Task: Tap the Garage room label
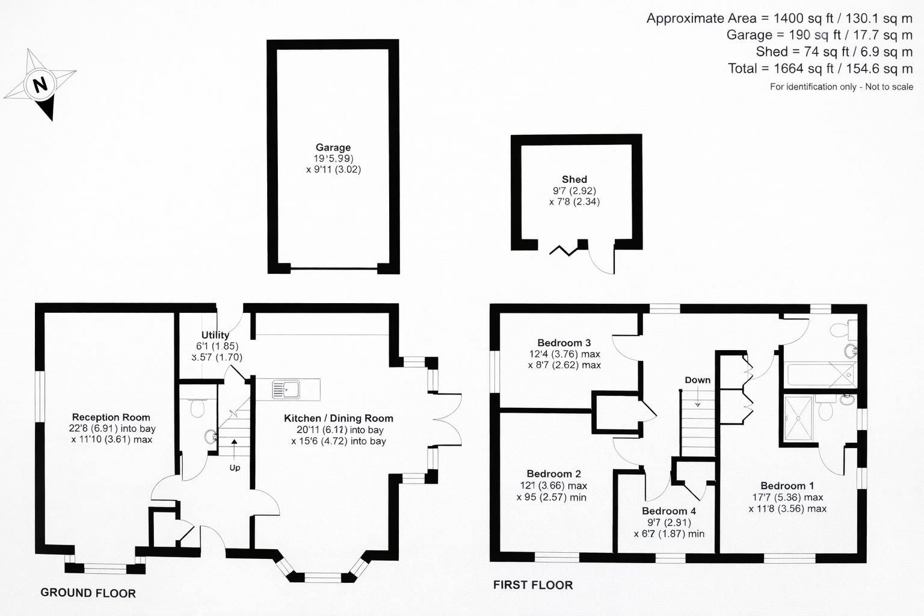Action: [333, 147]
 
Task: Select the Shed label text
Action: [574, 179]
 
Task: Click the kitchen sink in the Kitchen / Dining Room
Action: [286, 390]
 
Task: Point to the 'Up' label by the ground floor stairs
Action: [235, 467]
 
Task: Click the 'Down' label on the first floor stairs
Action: [697, 380]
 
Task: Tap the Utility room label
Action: [215, 335]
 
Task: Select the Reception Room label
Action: [111, 417]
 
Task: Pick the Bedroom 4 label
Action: [668, 511]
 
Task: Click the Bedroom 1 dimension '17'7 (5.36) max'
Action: [787, 497]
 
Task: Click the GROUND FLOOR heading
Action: [88, 593]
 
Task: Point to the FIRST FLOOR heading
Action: [532, 585]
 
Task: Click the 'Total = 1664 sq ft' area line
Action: [820, 69]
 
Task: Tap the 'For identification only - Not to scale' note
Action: [841, 87]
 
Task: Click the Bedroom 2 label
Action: [553, 474]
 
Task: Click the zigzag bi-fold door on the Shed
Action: [564, 250]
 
